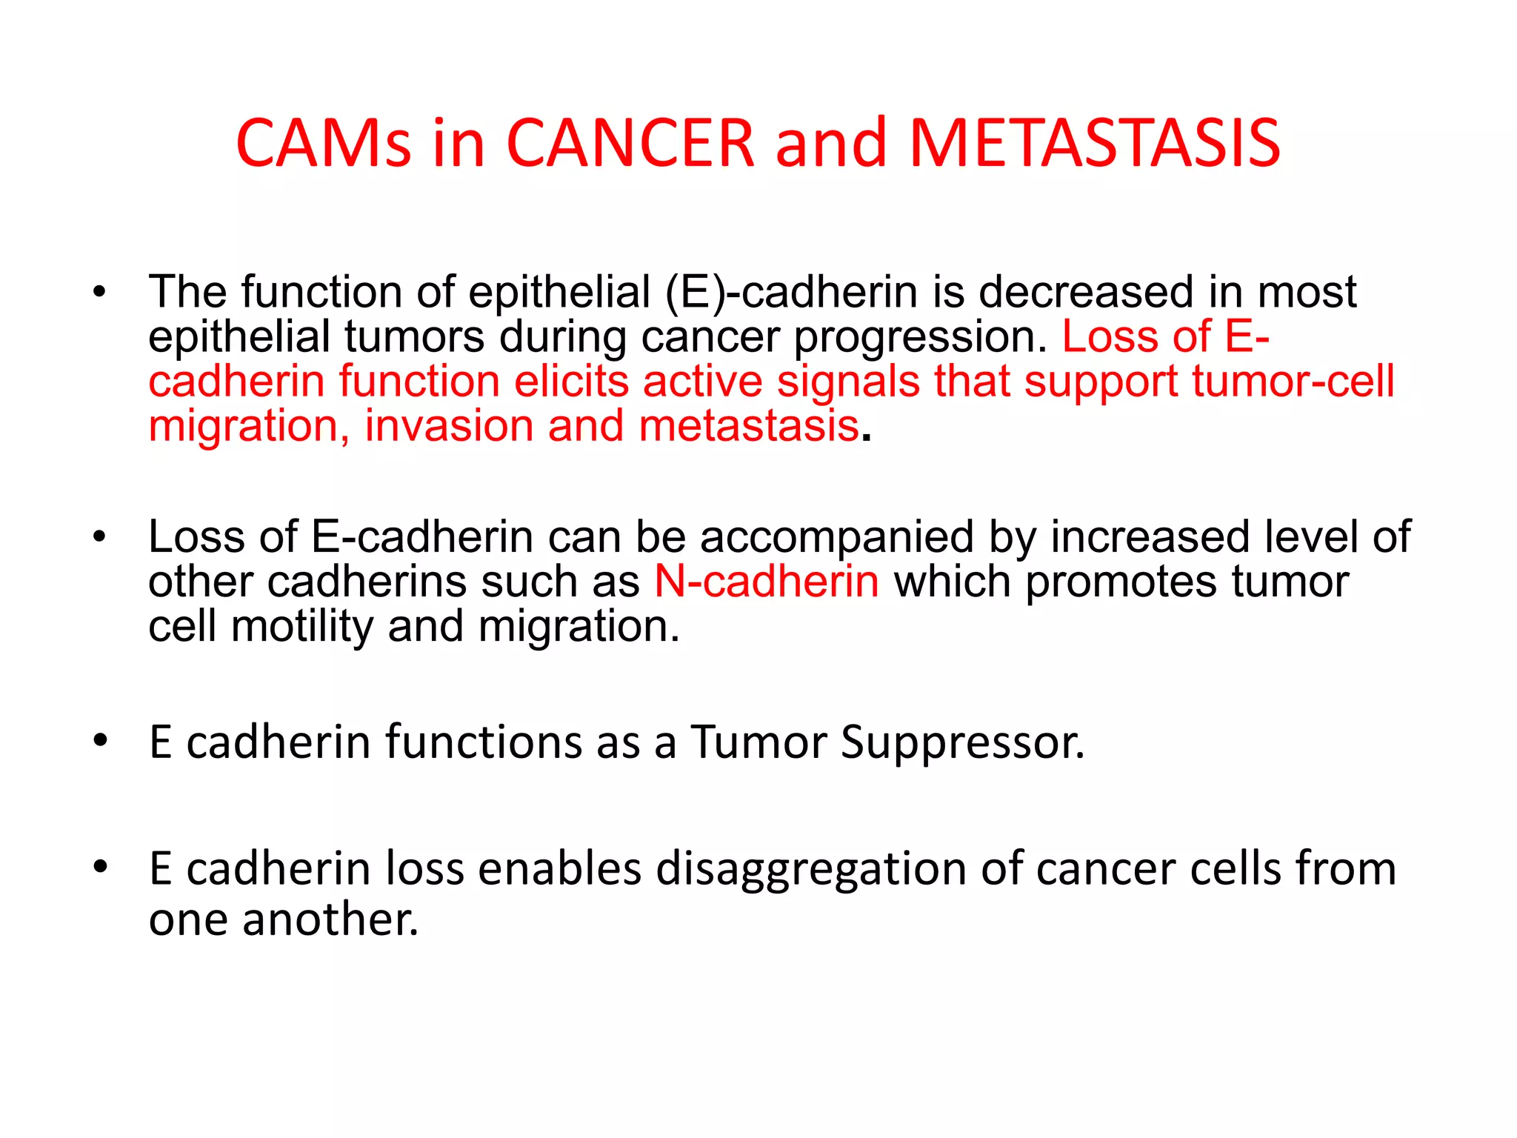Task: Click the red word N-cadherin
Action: [x=767, y=582]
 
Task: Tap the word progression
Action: [x=921, y=338]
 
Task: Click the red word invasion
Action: [x=449, y=427]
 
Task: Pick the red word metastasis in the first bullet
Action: [x=748, y=427]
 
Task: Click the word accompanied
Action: [x=836, y=537]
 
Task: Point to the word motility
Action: [x=302, y=627]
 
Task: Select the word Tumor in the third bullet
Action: [x=758, y=742]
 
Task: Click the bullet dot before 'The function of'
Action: [x=101, y=292]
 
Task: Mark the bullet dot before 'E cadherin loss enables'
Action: [x=101, y=867]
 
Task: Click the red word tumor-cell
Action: [x=1293, y=382]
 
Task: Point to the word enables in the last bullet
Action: [x=560, y=869]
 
